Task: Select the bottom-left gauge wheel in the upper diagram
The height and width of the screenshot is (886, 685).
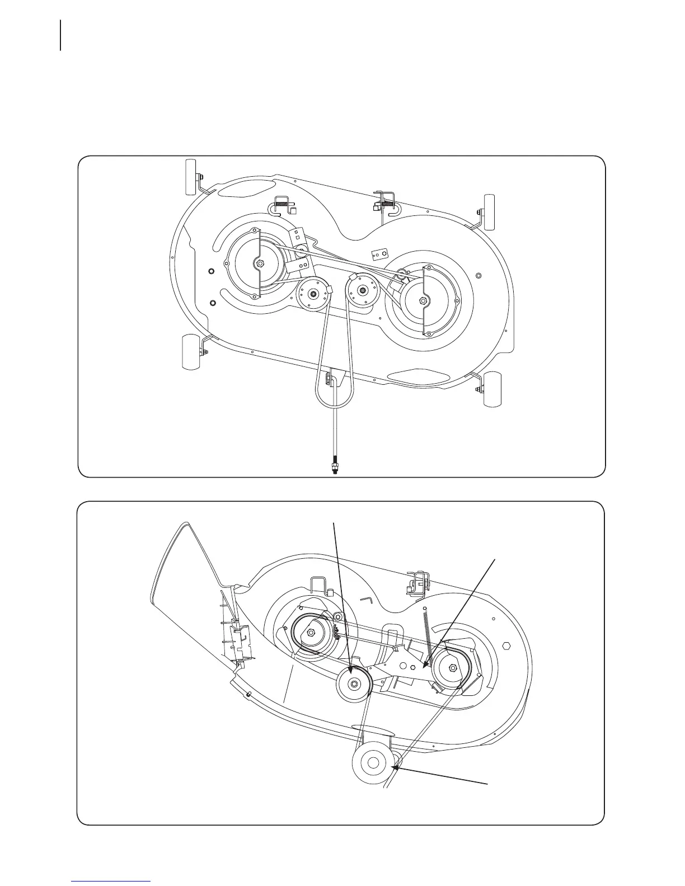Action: pyautogui.click(x=191, y=352)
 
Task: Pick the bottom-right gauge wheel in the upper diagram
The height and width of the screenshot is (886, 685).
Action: pyautogui.click(x=492, y=389)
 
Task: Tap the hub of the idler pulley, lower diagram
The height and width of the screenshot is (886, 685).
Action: pyautogui.click(x=354, y=684)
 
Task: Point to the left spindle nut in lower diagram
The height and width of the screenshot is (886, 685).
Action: pyautogui.click(x=311, y=632)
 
